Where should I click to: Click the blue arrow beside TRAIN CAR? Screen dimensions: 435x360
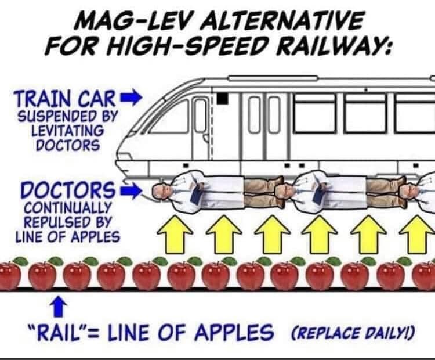pyautogui.click(x=130, y=97)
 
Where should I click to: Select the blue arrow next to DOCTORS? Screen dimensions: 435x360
pyautogui.click(x=130, y=191)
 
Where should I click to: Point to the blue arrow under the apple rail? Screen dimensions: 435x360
pyautogui.click(x=59, y=306)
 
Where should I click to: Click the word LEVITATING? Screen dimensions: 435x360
pyautogui.click(x=68, y=131)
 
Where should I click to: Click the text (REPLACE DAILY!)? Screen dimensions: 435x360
pyautogui.click(x=352, y=332)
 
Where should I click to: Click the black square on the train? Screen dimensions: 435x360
pyautogui.click(x=222, y=98)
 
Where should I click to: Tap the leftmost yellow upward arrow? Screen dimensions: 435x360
pyautogui.click(x=175, y=235)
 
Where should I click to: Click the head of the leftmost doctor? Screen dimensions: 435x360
pyautogui.click(x=162, y=190)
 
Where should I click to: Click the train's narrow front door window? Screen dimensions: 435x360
pyautogui.click(x=201, y=116)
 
